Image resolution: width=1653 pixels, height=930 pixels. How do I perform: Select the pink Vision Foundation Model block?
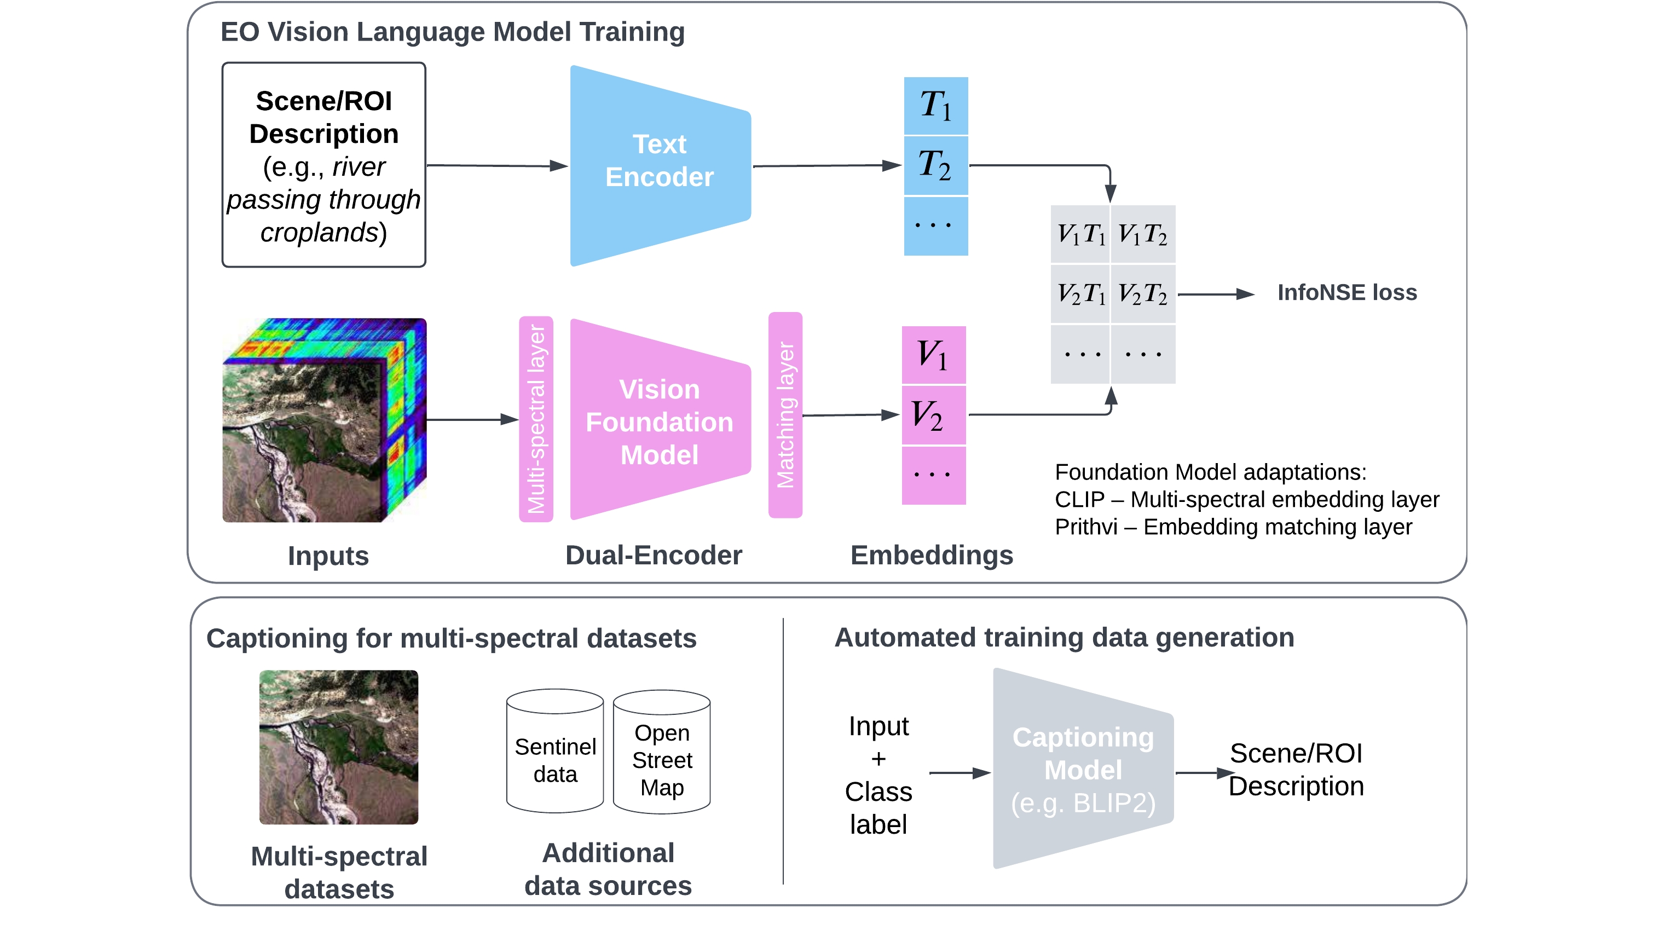point(660,420)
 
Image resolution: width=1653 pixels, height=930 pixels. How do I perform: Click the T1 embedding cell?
point(935,106)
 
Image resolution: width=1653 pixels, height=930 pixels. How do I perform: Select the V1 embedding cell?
point(934,355)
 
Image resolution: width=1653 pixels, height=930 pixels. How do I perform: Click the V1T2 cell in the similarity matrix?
point(1143,234)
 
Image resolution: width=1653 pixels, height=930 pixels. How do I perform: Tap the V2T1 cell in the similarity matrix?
point(1081,294)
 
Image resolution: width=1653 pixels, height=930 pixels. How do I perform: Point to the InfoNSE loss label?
point(1346,293)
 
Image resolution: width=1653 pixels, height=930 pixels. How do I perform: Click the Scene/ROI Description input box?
point(323,165)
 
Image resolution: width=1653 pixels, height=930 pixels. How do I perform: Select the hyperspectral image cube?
point(324,420)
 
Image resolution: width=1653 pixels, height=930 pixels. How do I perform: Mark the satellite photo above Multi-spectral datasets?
point(339,747)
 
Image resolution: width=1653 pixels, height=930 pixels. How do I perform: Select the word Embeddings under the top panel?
point(931,555)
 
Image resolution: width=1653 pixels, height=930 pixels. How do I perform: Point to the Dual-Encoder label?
point(653,555)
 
